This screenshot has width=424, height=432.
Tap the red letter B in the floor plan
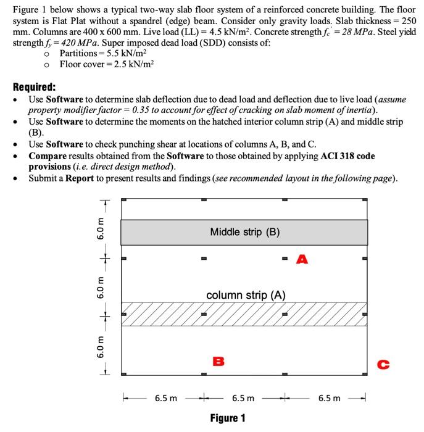point(217,360)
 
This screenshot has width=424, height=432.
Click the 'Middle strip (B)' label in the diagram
point(244,232)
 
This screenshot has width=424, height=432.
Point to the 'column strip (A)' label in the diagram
point(245,295)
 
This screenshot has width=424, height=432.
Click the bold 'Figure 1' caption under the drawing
point(227,418)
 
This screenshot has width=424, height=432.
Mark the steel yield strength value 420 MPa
point(62,43)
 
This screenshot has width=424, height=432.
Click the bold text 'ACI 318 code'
point(347,156)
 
